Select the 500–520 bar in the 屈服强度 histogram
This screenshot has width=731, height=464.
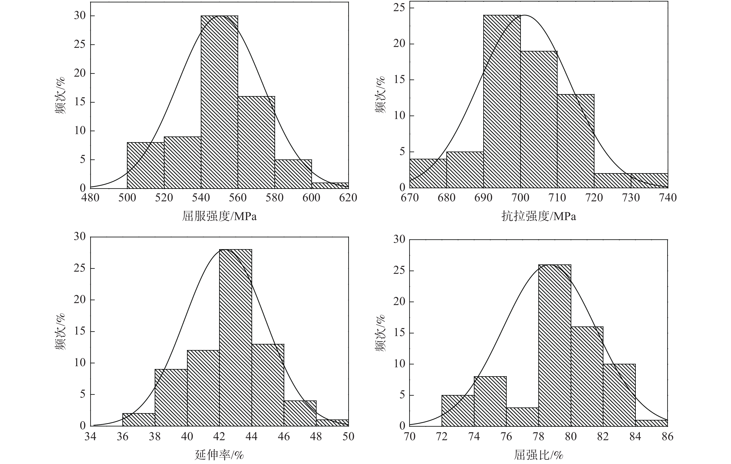tap(146, 165)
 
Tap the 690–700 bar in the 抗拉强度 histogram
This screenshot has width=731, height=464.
tap(502, 102)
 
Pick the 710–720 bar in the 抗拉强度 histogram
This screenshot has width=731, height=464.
tap(576, 141)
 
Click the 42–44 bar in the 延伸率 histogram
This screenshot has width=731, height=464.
tap(236, 337)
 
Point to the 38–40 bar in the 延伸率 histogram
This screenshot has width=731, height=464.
tap(171, 398)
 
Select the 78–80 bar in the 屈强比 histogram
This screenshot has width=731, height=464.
tap(555, 345)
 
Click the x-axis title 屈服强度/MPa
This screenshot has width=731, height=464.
tap(219, 216)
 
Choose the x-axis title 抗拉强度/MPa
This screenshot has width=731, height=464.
tap(539, 216)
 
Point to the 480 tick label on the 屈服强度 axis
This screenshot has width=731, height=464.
tap(90, 198)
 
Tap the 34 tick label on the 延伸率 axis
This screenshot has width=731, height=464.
tap(90, 436)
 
